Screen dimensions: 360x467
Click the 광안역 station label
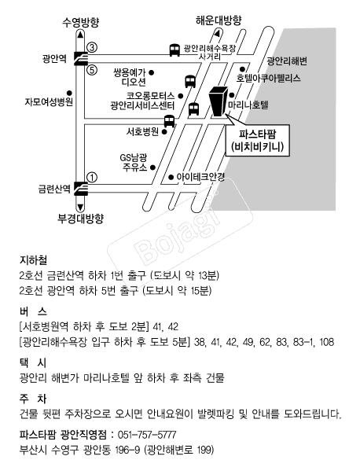click(x=54, y=59)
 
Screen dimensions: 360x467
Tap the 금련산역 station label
click(x=54, y=189)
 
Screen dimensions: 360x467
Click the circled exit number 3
click(x=92, y=47)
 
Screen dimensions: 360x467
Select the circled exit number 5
click(x=92, y=70)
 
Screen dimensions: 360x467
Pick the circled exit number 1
click(x=92, y=178)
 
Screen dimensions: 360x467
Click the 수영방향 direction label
click(x=80, y=23)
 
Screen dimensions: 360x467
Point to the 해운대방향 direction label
click(x=219, y=20)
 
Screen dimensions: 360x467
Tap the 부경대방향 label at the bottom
click(x=80, y=219)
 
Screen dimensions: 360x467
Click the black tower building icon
click(x=219, y=101)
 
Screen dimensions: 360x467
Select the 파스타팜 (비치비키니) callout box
click(x=258, y=140)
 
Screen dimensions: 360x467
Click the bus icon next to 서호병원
click(x=169, y=121)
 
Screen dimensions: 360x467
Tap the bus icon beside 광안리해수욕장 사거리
click(x=174, y=50)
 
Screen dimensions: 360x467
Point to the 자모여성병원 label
click(x=49, y=102)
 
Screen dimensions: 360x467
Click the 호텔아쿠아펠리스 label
click(x=268, y=78)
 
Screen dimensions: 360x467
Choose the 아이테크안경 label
click(x=200, y=177)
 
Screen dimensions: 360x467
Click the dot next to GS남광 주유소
click(x=152, y=167)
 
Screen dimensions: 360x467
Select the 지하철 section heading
click(x=33, y=260)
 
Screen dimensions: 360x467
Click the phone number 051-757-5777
click(x=147, y=435)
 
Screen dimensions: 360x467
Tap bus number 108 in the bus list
click(x=327, y=342)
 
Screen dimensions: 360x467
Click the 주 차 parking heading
click(x=33, y=399)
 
